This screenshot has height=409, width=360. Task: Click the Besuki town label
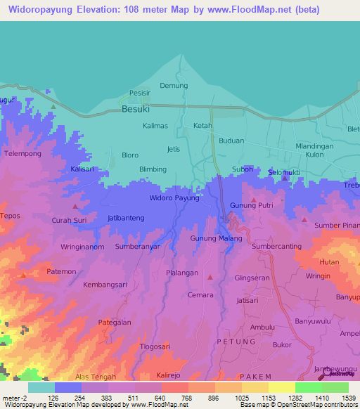click(x=136, y=109)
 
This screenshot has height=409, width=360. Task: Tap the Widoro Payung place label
click(x=174, y=198)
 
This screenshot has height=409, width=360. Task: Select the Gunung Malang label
click(x=216, y=238)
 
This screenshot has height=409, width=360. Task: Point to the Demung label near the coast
click(x=174, y=86)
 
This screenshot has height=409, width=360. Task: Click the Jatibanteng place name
click(x=126, y=218)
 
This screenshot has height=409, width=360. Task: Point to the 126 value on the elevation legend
click(x=53, y=398)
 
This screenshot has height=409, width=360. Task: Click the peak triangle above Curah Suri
click(x=76, y=207)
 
